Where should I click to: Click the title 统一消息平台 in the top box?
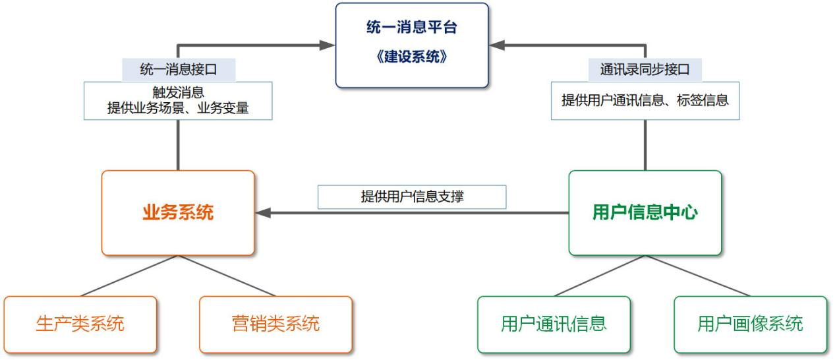click(411, 27)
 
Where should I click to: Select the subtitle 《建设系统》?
click(411, 57)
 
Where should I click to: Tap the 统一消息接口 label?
click(179, 69)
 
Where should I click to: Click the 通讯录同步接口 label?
click(645, 69)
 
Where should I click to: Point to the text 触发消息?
click(178, 92)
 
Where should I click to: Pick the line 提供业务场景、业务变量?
click(178, 108)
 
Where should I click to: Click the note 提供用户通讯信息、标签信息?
click(645, 100)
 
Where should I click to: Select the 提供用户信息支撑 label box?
click(412, 196)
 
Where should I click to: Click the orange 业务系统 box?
click(178, 213)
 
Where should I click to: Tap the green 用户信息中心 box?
click(645, 213)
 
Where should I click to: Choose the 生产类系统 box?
click(80, 324)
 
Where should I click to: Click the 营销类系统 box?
click(276, 324)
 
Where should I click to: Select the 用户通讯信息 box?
click(554, 324)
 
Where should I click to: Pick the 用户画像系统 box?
click(751, 324)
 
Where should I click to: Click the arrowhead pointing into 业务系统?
click(263, 213)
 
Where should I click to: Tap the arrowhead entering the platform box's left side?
click(328, 45)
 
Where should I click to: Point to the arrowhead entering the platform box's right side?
click(497, 45)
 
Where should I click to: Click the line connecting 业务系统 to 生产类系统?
click(129, 276)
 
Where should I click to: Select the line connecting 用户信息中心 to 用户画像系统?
click(698, 276)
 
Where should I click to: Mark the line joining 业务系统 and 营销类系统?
click(227, 276)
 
